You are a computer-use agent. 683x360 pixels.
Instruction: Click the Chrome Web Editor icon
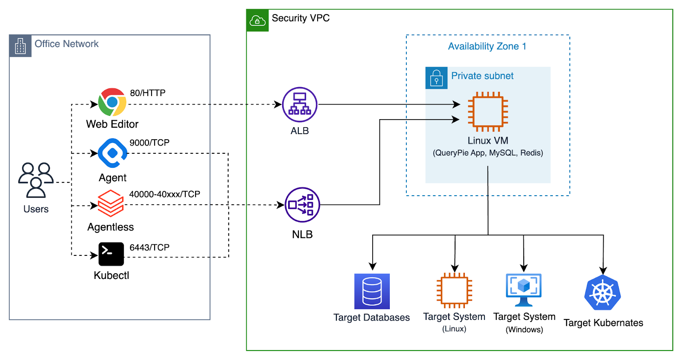[112, 102]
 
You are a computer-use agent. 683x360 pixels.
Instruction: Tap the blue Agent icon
[112, 153]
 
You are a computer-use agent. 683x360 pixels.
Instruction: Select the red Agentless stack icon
[111, 203]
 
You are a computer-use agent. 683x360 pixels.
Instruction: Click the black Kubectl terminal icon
[111, 254]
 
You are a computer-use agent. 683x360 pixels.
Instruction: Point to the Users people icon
[36, 180]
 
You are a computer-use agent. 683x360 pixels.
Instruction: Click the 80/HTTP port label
[148, 93]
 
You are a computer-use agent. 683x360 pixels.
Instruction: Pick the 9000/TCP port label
[149, 143]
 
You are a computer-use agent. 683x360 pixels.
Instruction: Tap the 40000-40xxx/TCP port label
[165, 194]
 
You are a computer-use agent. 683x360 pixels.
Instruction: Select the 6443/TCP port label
[149, 248]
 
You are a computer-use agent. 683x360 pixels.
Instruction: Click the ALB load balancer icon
[300, 105]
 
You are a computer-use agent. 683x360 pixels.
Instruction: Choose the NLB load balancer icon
[302, 205]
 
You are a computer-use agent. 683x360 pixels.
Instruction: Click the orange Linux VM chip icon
[488, 112]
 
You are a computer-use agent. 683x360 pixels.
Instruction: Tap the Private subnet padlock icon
[436, 78]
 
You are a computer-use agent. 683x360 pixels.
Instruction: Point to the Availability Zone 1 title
[487, 46]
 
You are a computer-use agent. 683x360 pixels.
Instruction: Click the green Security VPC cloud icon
[257, 20]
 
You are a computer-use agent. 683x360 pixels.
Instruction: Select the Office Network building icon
[20, 46]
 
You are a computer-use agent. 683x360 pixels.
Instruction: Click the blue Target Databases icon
[372, 291]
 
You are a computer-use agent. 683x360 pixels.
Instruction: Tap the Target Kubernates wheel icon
[603, 293]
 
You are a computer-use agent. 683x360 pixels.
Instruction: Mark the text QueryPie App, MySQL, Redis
[488, 153]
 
